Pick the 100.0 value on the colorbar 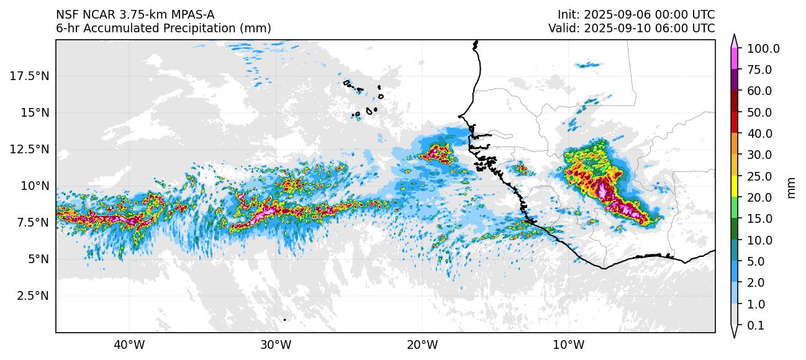[763, 49]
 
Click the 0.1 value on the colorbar [755, 326]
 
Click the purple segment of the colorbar [734, 80]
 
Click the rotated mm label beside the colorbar [791, 187]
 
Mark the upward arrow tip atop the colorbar [734, 35]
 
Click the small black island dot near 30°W [284, 320]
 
